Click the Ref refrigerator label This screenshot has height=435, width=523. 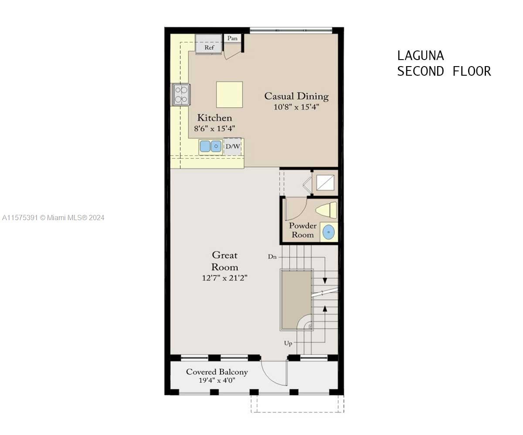coord(209,47)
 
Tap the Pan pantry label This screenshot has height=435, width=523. coord(232,38)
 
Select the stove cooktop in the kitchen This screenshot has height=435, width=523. coord(181,95)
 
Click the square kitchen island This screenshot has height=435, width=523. coord(229,94)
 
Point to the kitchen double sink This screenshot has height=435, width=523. coord(211,146)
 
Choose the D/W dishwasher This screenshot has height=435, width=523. coord(233,146)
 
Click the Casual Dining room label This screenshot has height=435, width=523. coord(296,96)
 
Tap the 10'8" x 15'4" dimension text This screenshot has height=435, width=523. coord(296,107)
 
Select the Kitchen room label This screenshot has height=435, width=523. coord(215,118)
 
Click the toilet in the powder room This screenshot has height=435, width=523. coord(326,210)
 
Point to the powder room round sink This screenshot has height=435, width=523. coord(329,232)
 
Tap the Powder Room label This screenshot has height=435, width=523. coord(302,230)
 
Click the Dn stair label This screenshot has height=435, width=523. coord(272,257)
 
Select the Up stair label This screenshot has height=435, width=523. coord(288,343)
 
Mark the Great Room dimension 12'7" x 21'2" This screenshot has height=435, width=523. coord(225,278)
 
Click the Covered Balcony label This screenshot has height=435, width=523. coord(217,372)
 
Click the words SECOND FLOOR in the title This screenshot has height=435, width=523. coord(444,71)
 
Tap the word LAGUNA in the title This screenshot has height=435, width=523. coord(421,56)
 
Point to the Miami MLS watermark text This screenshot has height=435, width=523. coord(53,218)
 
